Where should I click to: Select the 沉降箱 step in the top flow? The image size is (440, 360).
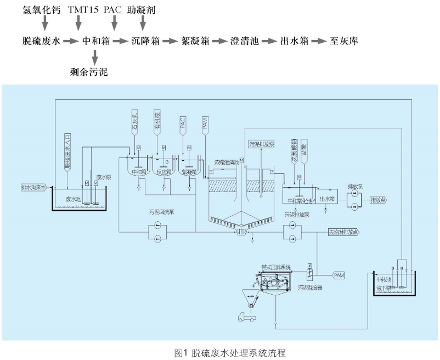(146, 41)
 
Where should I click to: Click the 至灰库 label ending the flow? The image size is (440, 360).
(343, 41)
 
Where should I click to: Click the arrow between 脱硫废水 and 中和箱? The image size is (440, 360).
(71, 41)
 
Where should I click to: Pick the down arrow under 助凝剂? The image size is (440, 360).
(143, 23)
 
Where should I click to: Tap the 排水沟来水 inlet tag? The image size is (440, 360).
(34, 187)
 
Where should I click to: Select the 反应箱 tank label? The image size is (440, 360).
(163, 171)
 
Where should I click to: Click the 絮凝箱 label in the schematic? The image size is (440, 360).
(189, 171)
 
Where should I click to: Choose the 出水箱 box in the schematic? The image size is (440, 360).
(327, 199)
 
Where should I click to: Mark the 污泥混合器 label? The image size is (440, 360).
(309, 286)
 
